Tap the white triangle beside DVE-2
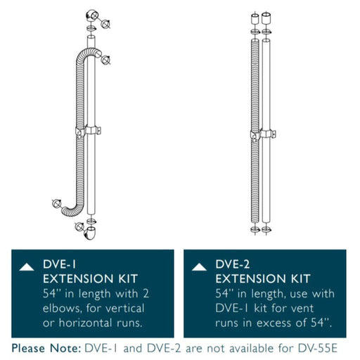pyautogui.click(x=200, y=266)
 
